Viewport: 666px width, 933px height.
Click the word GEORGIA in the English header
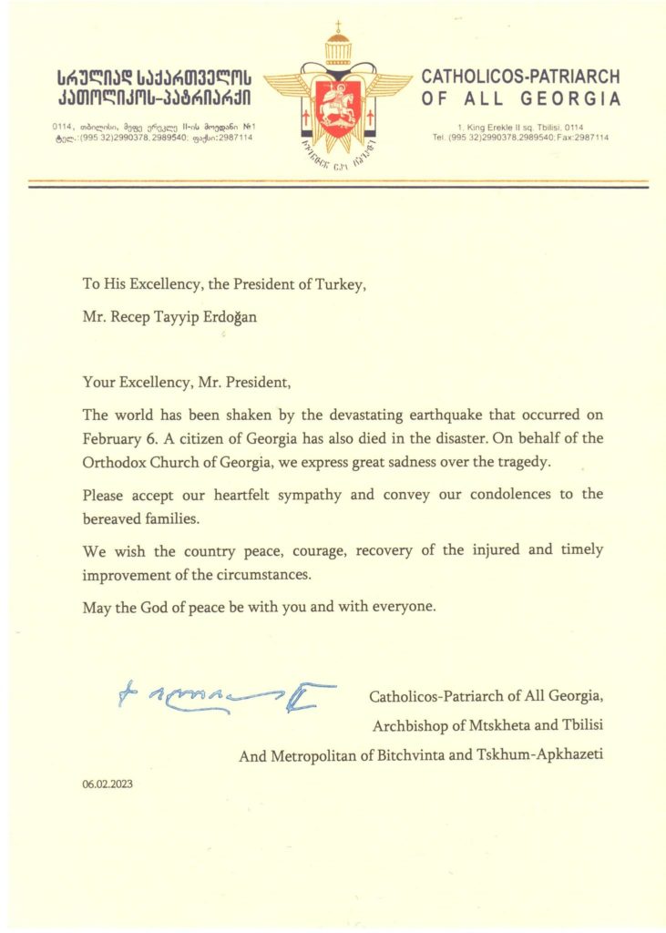[x=575, y=99]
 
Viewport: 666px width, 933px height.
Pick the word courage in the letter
[x=287, y=550]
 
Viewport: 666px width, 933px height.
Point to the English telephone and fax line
[x=520, y=137]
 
